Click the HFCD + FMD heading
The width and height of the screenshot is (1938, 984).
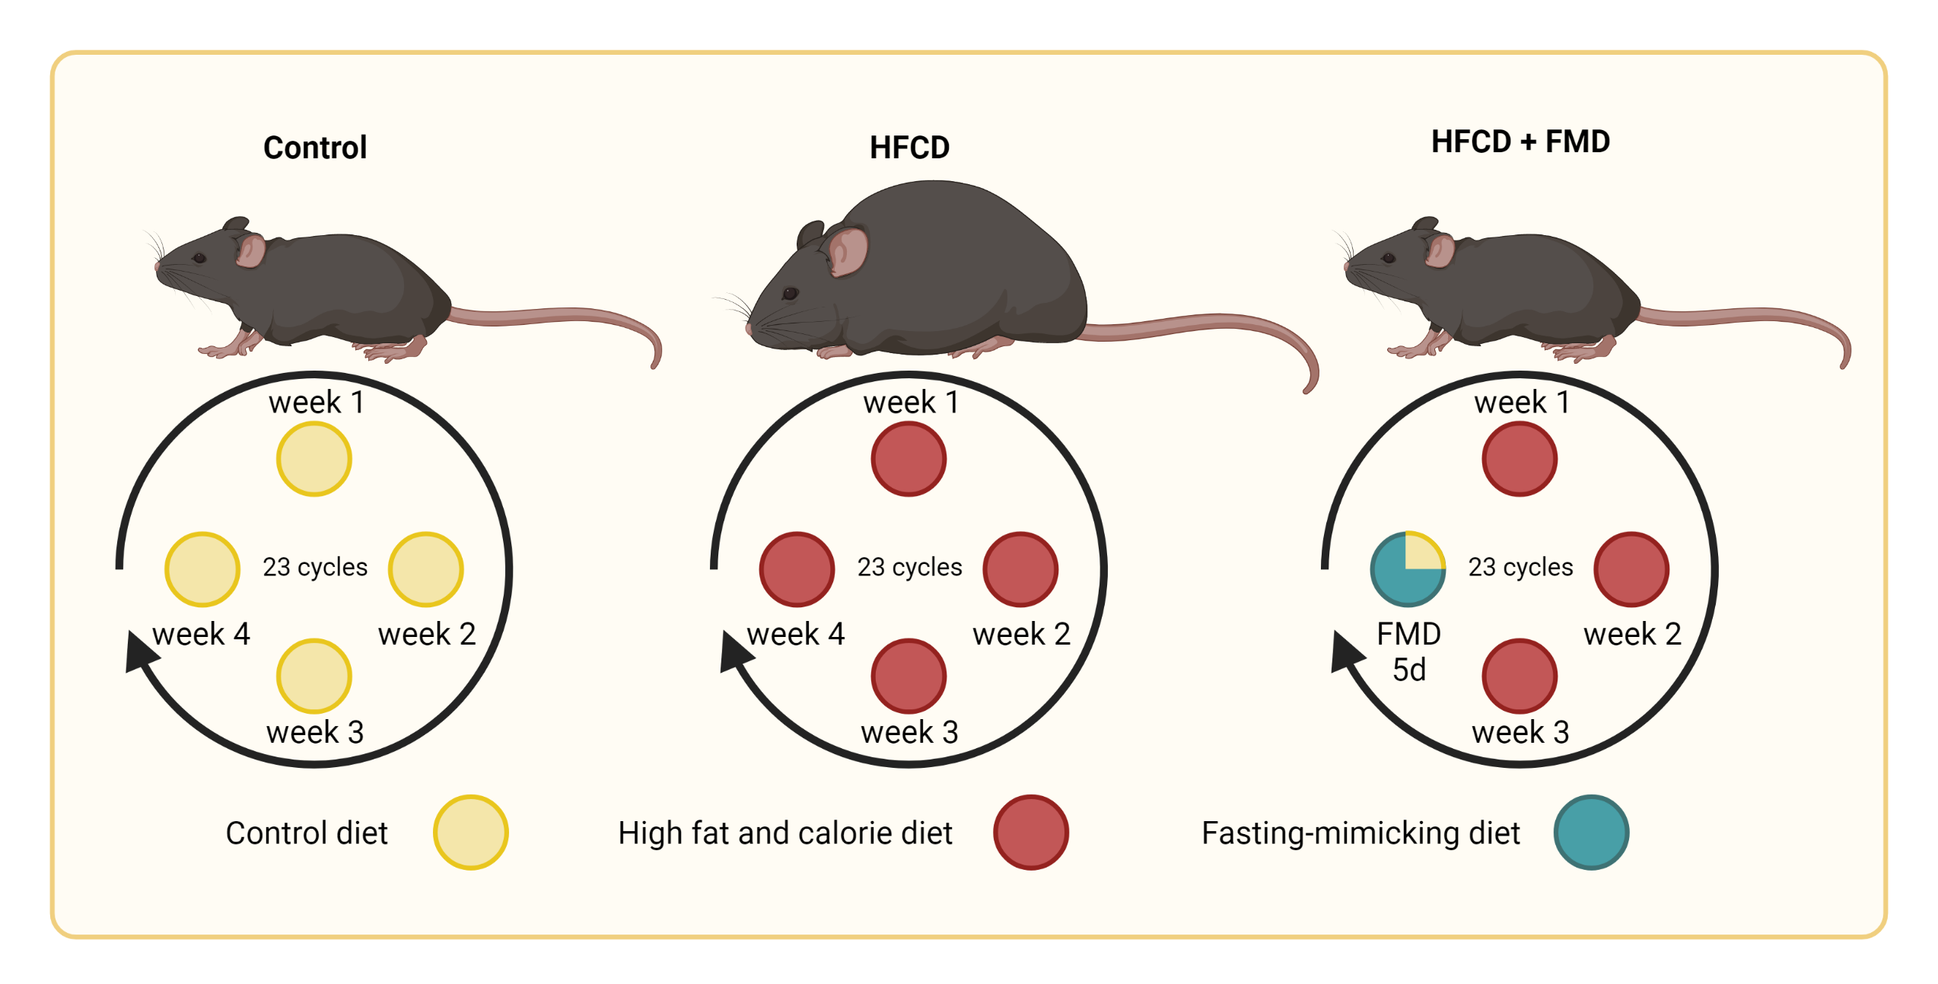1520,142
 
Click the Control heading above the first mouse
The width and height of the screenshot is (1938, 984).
315,148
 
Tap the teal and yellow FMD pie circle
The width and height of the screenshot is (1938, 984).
1408,569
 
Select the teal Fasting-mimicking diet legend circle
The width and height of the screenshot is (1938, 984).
1590,833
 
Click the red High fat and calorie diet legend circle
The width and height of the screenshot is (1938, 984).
1030,833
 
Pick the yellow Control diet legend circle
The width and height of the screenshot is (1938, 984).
470,833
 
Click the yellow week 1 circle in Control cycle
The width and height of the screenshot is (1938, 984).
313,460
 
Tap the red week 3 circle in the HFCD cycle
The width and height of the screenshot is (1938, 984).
909,677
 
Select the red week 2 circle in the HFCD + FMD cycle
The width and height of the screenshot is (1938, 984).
1631,569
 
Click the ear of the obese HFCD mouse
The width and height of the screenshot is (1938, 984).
846,251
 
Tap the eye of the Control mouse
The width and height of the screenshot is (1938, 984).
199,258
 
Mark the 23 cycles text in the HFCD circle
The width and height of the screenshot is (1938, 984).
909,567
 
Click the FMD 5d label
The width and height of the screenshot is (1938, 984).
1408,651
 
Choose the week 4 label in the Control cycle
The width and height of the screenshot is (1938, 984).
201,634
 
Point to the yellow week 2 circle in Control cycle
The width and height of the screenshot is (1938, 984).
425,569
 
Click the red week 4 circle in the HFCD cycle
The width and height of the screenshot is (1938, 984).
797,569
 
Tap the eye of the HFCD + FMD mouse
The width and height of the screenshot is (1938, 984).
1389,258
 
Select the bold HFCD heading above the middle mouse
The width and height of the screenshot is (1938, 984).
909,148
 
